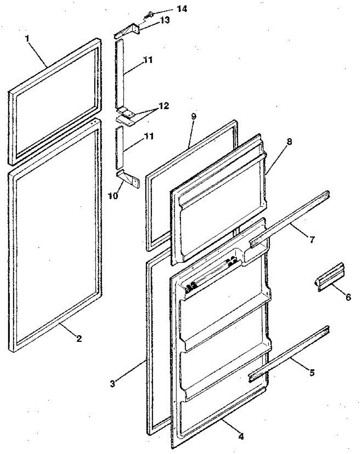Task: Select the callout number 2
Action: coord(79,339)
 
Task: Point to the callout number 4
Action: coord(241,436)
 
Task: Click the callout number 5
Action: coord(312,373)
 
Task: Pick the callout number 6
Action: coord(348,297)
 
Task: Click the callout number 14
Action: coord(182,9)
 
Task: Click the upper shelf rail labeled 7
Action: coord(289,220)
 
